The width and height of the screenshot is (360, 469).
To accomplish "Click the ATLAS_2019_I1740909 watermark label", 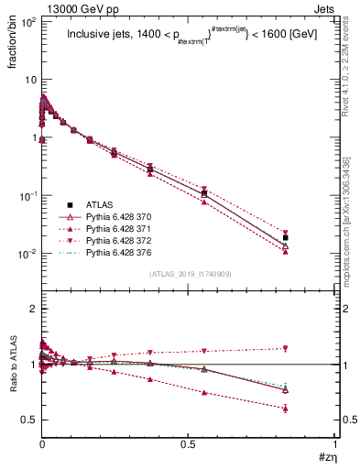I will click(189, 274).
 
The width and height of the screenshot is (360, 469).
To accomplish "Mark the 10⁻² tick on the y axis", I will click(25, 254).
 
